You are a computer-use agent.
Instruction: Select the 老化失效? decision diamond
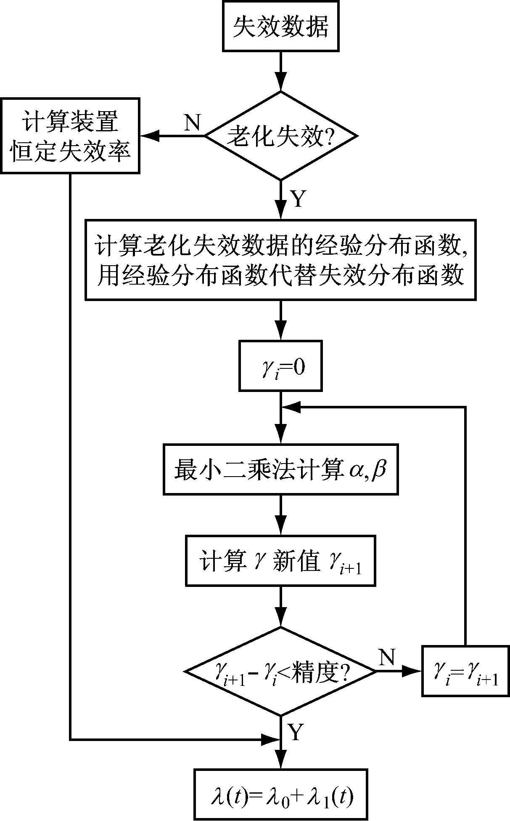280,136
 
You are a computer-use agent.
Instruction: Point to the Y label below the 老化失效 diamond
298,199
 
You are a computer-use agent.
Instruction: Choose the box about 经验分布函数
280,259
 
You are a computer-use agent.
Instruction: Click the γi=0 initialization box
280,366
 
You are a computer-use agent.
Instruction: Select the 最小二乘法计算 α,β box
280,469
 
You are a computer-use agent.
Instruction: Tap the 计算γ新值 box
280,561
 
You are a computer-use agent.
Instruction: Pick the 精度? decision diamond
280,671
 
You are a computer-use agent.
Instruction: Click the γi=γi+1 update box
465,671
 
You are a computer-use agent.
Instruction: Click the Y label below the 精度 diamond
296,732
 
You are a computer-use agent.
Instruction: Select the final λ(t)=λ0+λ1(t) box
280,794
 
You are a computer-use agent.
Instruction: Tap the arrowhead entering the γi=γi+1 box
414,671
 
